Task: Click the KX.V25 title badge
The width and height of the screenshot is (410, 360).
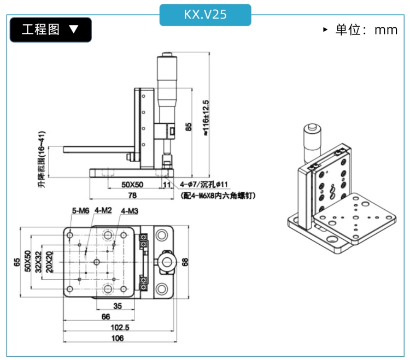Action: tap(205, 15)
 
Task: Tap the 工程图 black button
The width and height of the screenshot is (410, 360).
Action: tap(51, 29)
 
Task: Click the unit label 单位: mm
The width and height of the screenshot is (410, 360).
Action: tap(366, 30)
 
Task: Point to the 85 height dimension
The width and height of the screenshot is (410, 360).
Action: tap(188, 127)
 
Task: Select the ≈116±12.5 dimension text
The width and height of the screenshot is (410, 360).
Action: tap(206, 118)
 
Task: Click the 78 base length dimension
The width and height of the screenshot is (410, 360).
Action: tap(132, 196)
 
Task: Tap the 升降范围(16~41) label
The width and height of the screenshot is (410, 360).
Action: tap(42, 159)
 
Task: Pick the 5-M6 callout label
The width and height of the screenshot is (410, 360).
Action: tap(80, 210)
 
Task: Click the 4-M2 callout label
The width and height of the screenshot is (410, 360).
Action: tap(103, 210)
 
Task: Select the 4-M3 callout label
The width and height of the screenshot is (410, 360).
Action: tap(130, 211)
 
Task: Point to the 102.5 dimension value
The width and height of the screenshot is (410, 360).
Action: tap(120, 327)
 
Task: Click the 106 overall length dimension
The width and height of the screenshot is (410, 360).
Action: tap(118, 338)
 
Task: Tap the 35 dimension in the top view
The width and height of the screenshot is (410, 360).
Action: tap(118, 306)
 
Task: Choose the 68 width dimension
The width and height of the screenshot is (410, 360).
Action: tap(185, 262)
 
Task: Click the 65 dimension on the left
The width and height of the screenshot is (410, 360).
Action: tap(17, 262)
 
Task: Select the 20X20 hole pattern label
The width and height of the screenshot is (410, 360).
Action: tap(49, 262)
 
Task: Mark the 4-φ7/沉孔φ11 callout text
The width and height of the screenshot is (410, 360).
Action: tap(204, 185)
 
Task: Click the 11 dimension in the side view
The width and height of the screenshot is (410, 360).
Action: tap(167, 185)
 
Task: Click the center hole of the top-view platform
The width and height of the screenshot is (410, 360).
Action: tap(96, 262)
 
